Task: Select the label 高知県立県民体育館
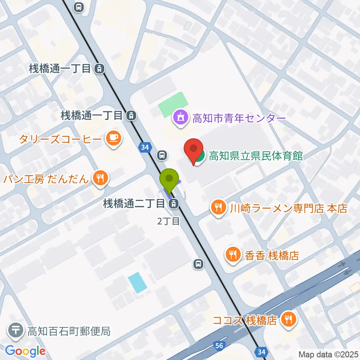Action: [x=256, y=156]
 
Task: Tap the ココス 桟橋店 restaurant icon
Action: [x=288, y=320]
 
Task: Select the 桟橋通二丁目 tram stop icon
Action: [x=173, y=204]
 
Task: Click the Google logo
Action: [x=25, y=351]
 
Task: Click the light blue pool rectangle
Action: [x=137, y=282]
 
